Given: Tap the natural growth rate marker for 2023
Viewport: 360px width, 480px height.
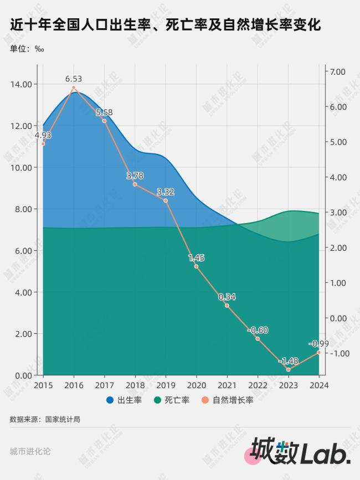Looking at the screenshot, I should pyautogui.click(x=288, y=369).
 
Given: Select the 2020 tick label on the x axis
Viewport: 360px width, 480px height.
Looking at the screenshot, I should pyautogui.click(x=196, y=385).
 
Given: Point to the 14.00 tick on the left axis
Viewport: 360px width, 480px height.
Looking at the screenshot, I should pyautogui.click(x=22, y=84).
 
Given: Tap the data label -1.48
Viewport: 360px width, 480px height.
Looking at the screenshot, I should pyautogui.click(x=288, y=361).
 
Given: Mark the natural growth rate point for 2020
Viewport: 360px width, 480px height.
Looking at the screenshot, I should pyautogui.click(x=196, y=266).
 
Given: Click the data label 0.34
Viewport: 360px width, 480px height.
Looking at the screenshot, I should pyautogui.click(x=227, y=296).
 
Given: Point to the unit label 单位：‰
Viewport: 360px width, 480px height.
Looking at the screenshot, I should pyautogui.click(x=27, y=48).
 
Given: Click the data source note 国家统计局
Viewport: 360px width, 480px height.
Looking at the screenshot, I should pyautogui.click(x=45, y=419).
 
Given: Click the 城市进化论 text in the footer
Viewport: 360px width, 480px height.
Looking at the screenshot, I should pyautogui.click(x=30, y=451).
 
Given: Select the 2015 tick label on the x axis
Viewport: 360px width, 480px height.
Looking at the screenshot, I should pyautogui.click(x=43, y=385).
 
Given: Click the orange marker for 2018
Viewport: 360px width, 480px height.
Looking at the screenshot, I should pyautogui.click(x=135, y=184).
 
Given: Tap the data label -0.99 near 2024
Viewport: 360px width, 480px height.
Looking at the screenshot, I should pyautogui.click(x=319, y=344).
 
